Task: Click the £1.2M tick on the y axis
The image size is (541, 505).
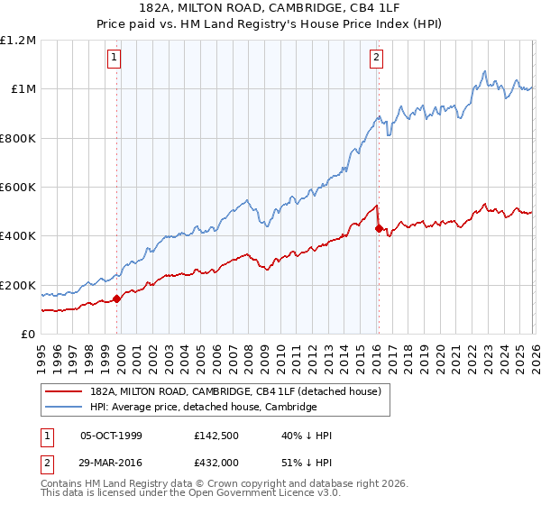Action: [x=18, y=41]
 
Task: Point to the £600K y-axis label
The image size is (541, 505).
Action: [x=18, y=188]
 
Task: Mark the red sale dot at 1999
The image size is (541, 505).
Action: [x=116, y=299]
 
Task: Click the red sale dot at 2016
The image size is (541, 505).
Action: [x=378, y=228]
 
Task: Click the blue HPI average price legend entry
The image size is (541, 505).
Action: [x=203, y=407]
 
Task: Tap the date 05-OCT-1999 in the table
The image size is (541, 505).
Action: [x=111, y=436]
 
